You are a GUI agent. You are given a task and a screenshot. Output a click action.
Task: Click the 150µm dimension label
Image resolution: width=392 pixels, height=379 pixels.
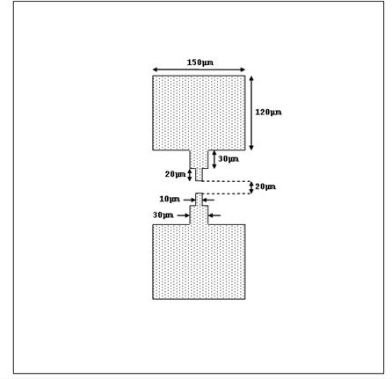click(x=200, y=62)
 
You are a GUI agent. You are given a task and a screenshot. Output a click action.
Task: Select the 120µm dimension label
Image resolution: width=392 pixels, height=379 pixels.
click(x=268, y=113)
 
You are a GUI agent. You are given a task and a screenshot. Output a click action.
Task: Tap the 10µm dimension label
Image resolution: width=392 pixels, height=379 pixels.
click(x=170, y=200)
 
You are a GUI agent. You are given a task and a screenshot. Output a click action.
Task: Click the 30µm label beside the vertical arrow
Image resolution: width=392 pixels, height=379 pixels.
click(x=229, y=159)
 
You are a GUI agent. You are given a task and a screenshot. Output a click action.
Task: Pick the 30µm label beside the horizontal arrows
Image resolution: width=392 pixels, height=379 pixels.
click(x=163, y=215)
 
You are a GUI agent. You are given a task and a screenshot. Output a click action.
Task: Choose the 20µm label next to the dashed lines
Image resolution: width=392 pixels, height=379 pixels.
click(x=265, y=186)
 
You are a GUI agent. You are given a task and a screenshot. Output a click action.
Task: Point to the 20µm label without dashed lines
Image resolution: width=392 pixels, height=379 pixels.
click(x=175, y=174)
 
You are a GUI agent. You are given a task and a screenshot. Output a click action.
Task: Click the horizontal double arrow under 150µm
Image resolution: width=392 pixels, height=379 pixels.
click(x=199, y=69)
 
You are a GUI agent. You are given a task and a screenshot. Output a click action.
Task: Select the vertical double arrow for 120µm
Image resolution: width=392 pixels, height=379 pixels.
click(x=251, y=113)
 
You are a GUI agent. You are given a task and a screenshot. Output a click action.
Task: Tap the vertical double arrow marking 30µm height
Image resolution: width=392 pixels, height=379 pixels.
click(x=214, y=159)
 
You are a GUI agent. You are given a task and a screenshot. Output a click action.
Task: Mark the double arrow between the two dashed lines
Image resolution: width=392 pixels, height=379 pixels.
click(x=251, y=187)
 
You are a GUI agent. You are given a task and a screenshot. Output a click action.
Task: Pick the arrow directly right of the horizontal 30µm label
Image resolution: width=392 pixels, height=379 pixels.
click(x=214, y=215)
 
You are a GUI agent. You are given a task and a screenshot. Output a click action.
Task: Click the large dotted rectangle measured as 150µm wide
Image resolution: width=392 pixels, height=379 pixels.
click(x=199, y=113)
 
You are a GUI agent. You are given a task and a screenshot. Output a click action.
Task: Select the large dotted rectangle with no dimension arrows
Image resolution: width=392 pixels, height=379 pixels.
click(x=199, y=262)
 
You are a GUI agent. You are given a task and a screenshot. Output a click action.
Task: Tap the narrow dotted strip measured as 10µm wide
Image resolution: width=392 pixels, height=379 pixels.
click(x=199, y=200)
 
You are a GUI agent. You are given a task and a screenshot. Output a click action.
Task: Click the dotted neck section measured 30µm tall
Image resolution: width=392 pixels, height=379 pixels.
click(x=199, y=159)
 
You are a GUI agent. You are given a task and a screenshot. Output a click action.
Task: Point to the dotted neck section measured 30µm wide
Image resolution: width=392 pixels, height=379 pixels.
click(x=199, y=215)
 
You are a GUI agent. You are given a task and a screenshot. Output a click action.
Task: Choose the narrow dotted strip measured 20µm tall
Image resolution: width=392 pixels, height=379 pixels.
click(x=199, y=175)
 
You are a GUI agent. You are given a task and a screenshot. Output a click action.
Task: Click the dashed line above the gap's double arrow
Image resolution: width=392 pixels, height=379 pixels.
click(x=227, y=181)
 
